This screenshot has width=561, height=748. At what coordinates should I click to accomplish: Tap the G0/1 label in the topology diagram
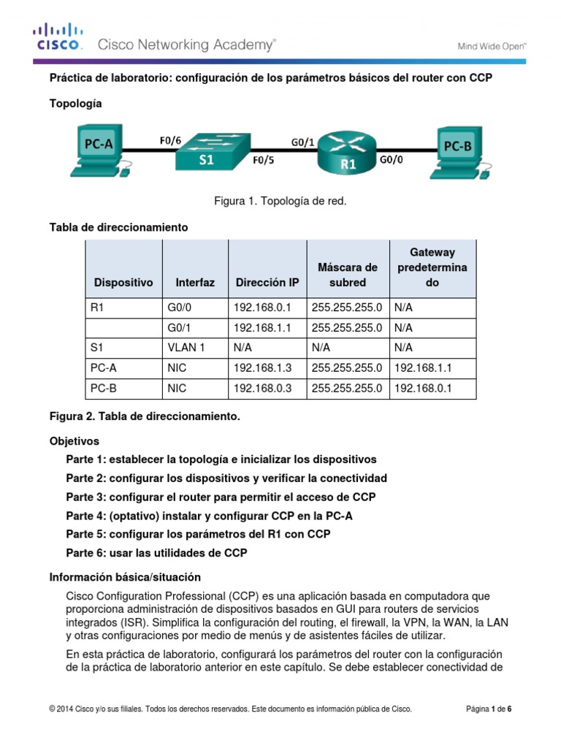coord(303,142)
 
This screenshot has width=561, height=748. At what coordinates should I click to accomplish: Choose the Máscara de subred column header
coord(348,275)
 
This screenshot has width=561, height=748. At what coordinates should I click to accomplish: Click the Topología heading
coord(75,104)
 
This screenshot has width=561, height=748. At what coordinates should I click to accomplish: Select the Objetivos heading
coord(74,441)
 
